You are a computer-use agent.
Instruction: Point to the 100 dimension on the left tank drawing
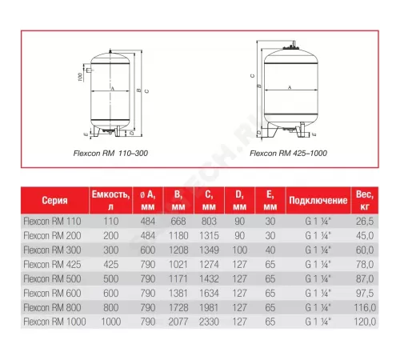[x=82, y=78]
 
